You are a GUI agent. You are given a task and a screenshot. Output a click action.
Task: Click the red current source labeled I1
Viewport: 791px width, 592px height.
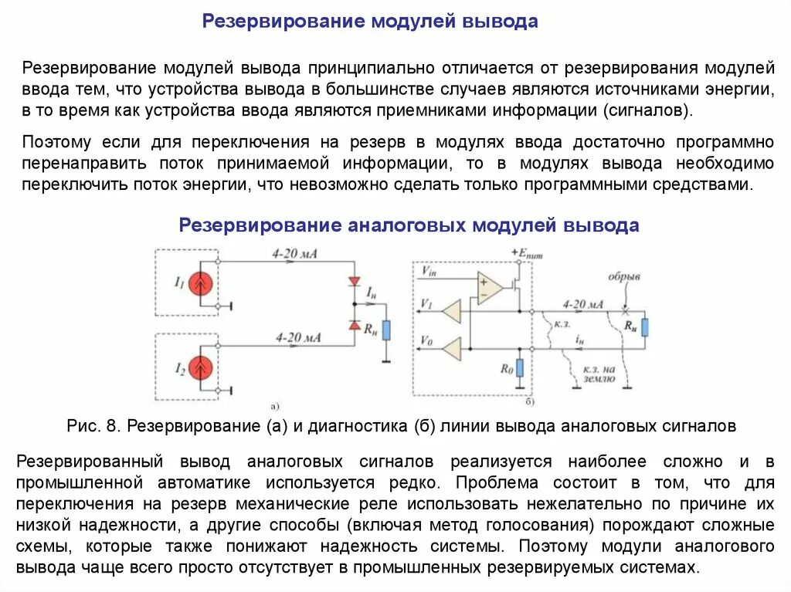coord(202,285)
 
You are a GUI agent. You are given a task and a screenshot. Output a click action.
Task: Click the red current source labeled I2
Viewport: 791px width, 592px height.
coord(202,367)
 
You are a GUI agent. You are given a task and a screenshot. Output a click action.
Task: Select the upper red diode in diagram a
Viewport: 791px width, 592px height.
coord(355,281)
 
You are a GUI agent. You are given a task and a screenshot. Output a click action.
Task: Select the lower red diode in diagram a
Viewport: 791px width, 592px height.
coord(355,326)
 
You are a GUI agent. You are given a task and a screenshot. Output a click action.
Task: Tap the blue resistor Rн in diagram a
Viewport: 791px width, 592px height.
coord(386,330)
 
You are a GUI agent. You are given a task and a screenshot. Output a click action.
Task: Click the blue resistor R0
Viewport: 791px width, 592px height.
coord(519,368)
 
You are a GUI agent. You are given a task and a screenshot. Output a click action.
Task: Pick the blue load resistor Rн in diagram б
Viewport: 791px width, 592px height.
coord(644,326)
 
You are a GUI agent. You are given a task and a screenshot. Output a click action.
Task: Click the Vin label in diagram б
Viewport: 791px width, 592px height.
coord(429,270)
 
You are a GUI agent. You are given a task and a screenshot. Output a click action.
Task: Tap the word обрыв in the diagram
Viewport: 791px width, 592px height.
coord(624,276)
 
